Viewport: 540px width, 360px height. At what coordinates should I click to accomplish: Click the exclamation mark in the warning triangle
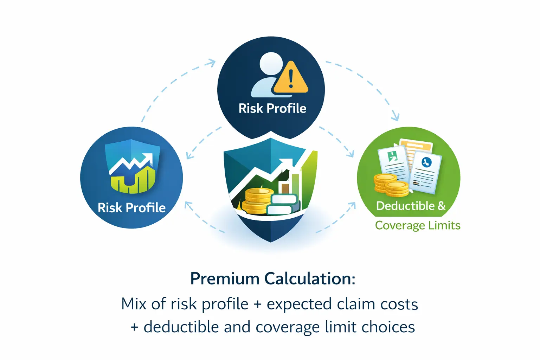pyautogui.click(x=291, y=79)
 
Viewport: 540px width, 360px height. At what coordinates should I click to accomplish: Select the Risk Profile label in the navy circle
pyautogui.click(x=272, y=108)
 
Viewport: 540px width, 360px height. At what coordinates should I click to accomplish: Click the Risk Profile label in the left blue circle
pyautogui.click(x=131, y=208)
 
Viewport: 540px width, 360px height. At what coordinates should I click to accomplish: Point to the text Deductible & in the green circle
pyautogui.click(x=411, y=206)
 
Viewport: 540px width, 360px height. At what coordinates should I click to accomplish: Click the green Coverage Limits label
pyautogui.click(x=418, y=225)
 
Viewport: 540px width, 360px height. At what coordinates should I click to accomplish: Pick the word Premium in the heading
pyautogui.click(x=225, y=279)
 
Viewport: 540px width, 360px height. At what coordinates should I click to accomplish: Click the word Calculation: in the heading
pyautogui.click(x=310, y=279)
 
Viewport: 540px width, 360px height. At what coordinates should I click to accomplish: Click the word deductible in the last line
pyautogui.click(x=181, y=327)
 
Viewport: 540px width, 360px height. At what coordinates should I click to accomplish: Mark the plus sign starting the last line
pyautogui.click(x=134, y=327)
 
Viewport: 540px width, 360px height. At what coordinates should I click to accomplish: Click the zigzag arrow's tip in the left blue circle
pyautogui.click(x=149, y=157)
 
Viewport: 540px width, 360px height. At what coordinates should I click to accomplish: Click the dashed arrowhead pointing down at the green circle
pyautogui.click(x=396, y=117)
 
